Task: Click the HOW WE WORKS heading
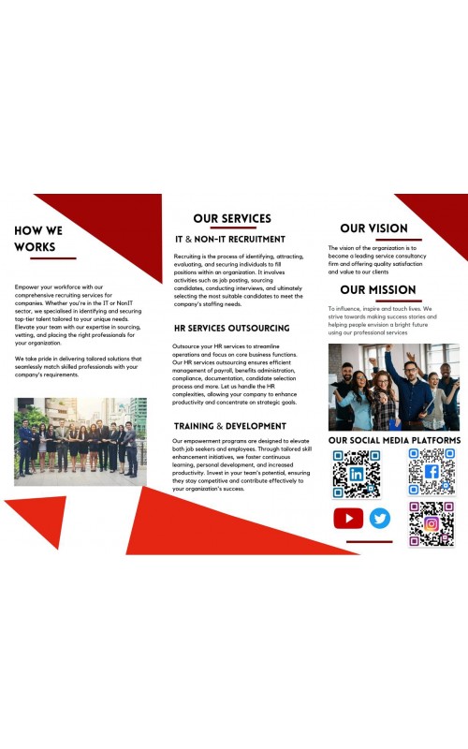pos(38,239)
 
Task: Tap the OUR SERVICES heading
pos(232,218)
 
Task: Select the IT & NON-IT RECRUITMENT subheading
pos(229,239)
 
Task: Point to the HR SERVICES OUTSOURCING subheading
pos(231,329)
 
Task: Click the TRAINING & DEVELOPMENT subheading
pos(229,426)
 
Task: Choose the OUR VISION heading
pos(373,228)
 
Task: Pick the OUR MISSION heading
pos(378,289)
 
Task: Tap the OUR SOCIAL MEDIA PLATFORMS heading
pos(394,440)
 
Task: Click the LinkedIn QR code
pos(356,474)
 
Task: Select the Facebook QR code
pos(431,472)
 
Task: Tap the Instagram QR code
pos(431,524)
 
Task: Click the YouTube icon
pos(348,518)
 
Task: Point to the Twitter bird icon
pos(380,518)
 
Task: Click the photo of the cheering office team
pos(393,386)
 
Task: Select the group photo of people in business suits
pos(80,441)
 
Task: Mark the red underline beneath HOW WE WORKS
pos(45,258)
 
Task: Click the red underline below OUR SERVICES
pos(232,228)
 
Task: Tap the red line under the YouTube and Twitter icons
pos(369,541)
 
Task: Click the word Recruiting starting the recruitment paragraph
pos(188,256)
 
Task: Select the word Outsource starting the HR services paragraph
pos(190,346)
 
